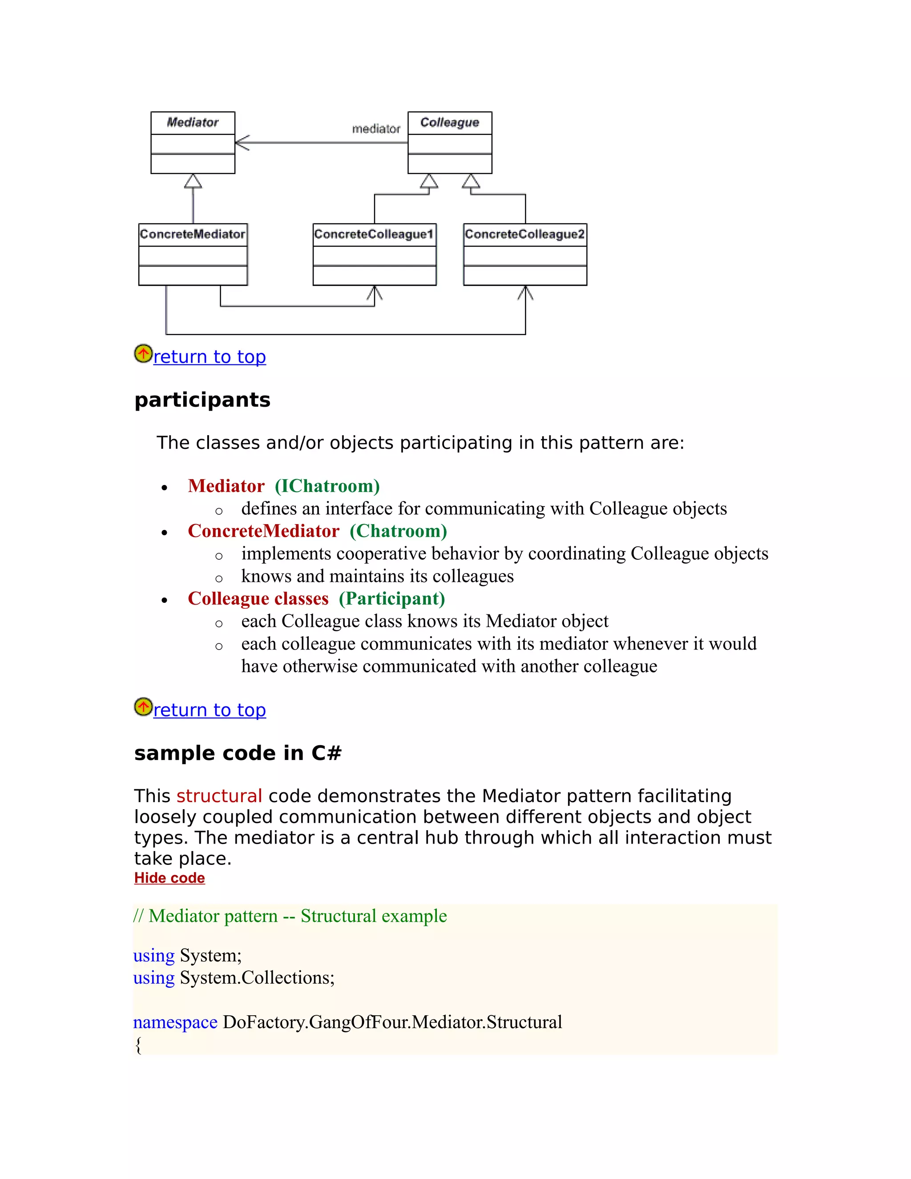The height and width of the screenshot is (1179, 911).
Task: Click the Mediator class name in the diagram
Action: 193,122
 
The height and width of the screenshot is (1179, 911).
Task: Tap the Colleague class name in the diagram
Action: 450,122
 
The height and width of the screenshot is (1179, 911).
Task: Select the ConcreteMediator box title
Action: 193,234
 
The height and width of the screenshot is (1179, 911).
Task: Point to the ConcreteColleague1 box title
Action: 374,234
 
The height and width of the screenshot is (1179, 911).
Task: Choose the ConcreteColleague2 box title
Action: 524,234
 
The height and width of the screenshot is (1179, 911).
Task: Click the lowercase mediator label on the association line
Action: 376,129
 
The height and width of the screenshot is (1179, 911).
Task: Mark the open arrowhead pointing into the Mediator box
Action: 242,143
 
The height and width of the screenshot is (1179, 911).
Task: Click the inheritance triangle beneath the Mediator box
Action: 193,182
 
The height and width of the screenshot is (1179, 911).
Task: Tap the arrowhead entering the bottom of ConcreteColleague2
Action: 525,293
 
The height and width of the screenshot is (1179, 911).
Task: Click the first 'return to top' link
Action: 210,357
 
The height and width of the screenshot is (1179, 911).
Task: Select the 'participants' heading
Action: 202,400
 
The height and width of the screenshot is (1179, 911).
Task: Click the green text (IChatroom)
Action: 327,486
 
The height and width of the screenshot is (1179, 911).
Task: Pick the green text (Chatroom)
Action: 398,531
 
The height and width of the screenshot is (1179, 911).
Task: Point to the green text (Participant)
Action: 392,599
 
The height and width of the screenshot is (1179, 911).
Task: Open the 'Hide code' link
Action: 169,878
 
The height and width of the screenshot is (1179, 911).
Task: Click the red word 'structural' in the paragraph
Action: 219,796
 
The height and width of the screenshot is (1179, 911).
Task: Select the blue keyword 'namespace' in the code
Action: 175,1022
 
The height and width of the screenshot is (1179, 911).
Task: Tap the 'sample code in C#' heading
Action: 238,753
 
